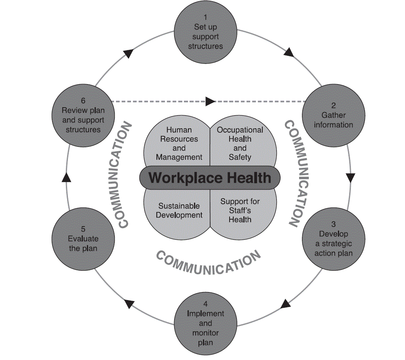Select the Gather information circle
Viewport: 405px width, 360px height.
click(333, 115)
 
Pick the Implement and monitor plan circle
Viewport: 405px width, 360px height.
click(205, 323)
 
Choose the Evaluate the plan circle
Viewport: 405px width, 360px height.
click(83, 239)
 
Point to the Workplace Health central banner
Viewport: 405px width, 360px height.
click(210, 178)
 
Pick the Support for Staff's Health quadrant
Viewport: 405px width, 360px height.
click(240, 210)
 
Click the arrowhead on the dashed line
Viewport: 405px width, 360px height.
click(210, 101)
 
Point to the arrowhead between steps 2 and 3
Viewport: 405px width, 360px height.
click(350, 178)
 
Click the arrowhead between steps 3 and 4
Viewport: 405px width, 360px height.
click(286, 303)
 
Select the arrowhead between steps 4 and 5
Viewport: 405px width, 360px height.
click(129, 303)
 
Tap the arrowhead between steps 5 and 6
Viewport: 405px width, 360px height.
click(67, 177)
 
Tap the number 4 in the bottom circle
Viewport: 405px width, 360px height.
click(205, 304)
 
